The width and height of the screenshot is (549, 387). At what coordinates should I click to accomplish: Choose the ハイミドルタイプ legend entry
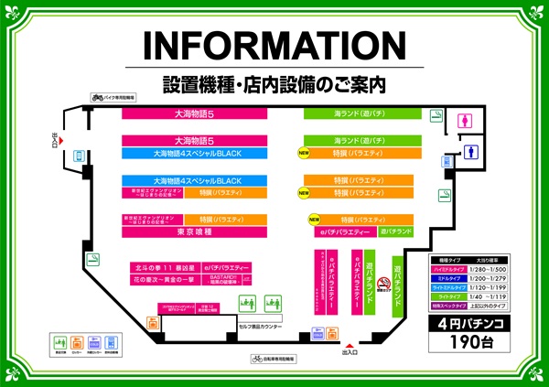(x=448, y=270)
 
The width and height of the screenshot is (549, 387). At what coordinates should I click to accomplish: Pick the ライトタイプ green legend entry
(x=448, y=295)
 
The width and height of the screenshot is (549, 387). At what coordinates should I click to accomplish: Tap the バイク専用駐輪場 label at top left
(x=113, y=96)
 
